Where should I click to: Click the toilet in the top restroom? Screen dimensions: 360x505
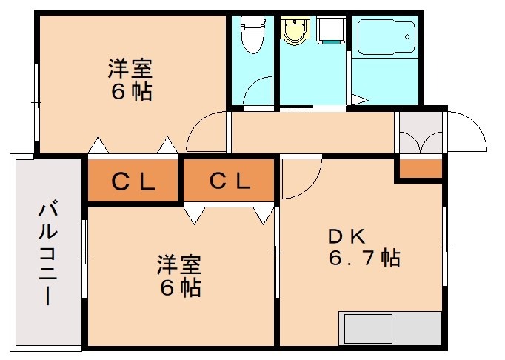[x=252, y=35]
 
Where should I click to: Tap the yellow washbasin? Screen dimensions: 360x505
[x=295, y=31]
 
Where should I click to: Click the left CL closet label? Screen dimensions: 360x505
[x=133, y=180]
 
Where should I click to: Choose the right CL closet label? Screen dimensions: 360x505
[x=229, y=180]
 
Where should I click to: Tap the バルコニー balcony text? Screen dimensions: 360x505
[x=47, y=253]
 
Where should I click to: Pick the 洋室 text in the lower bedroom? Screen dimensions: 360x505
[x=178, y=264]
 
